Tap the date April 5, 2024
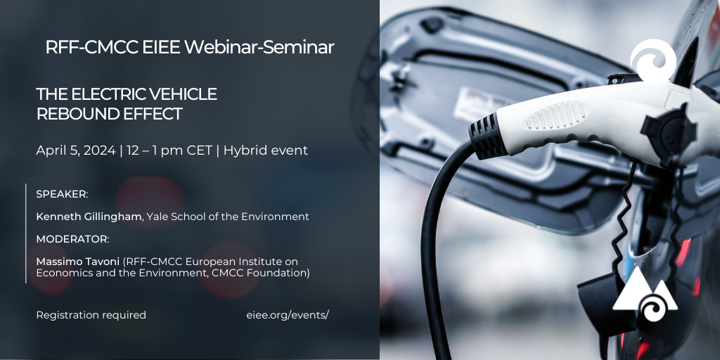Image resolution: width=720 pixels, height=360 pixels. pyautogui.click(x=76, y=150)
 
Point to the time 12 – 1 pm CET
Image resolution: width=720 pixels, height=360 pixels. pyautogui.click(x=169, y=150)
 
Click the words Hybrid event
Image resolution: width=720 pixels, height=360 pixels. pyautogui.click(x=265, y=150)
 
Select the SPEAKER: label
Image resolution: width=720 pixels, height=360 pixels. pyautogui.click(x=62, y=194)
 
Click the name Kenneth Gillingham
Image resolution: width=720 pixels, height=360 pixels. pyautogui.click(x=89, y=217)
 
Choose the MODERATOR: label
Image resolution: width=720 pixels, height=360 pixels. pyautogui.click(x=72, y=239)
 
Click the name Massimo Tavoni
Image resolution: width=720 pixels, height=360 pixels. pyautogui.click(x=78, y=262)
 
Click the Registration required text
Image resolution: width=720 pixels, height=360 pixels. pyautogui.click(x=91, y=316)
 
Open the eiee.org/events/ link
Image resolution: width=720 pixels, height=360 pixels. pyautogui.click(x=288, y=316)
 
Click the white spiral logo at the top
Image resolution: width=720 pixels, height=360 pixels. pyautogui.click(x=653, y=60)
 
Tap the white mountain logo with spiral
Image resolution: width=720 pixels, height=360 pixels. pyautogui.click(x=645, y=294)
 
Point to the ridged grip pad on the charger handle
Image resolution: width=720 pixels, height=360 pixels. pyautogui.click(x=557, y=115)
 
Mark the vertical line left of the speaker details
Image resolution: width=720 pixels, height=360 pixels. pyautogui.click(x=26, y=233)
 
